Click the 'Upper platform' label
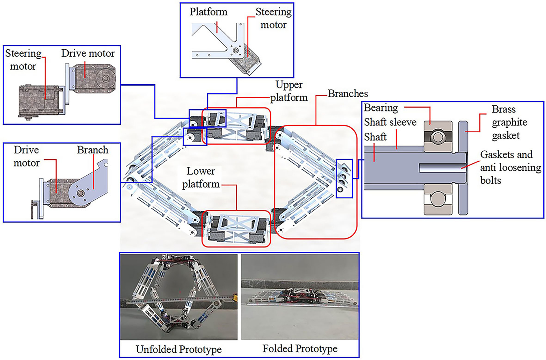pos(289,91)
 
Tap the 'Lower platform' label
pos(201,177)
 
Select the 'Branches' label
pos(348,94)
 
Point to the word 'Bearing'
pos(381,108)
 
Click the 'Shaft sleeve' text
pos(390,122)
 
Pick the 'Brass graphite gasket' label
pos(509,122)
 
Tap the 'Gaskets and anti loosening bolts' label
pos(510,167)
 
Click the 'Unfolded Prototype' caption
pos(179,349)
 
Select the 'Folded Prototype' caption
pos(300,349)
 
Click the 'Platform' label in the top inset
pos(208,12)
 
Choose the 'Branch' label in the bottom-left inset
pos(92,150)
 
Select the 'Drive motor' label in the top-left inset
pos(88,53)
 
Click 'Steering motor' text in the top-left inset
pos(23,60)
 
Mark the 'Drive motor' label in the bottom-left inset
pos(26,156)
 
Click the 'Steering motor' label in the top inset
pos(273,18)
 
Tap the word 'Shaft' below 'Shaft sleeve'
pos(375,137)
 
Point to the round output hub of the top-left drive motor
pos(106,78)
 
